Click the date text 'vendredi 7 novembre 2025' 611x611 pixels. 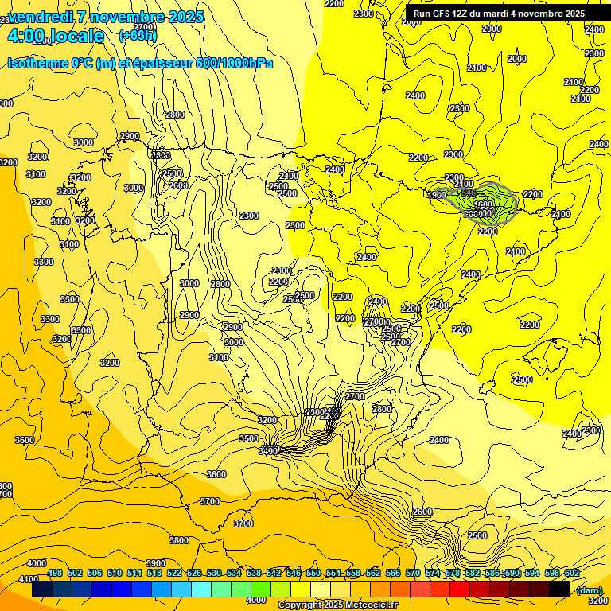coord(106,17)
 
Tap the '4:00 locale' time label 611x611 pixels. coord(55,36)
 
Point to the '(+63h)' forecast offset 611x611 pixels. coord(138,36)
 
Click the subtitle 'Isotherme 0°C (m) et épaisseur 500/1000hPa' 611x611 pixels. coord(140,63)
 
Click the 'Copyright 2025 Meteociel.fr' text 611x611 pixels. coord(337,605)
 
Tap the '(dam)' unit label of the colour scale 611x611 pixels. coord(589,590)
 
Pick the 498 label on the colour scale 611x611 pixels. coord(55,573)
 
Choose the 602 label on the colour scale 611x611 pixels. coord(572,573)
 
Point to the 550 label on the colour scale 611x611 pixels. coord(313,573)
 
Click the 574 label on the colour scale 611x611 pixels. coord(433,573)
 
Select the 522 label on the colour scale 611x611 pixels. coord(174,573)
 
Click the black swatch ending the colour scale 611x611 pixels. coord(559,590)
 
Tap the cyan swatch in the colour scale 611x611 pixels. coord(201,590)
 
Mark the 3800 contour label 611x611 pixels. coord(179,540)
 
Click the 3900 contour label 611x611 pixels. coord(156,563)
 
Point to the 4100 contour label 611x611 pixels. coord(28,579)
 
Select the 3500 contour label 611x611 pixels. coord(249,438)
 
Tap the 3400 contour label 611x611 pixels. coord(269,451)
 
